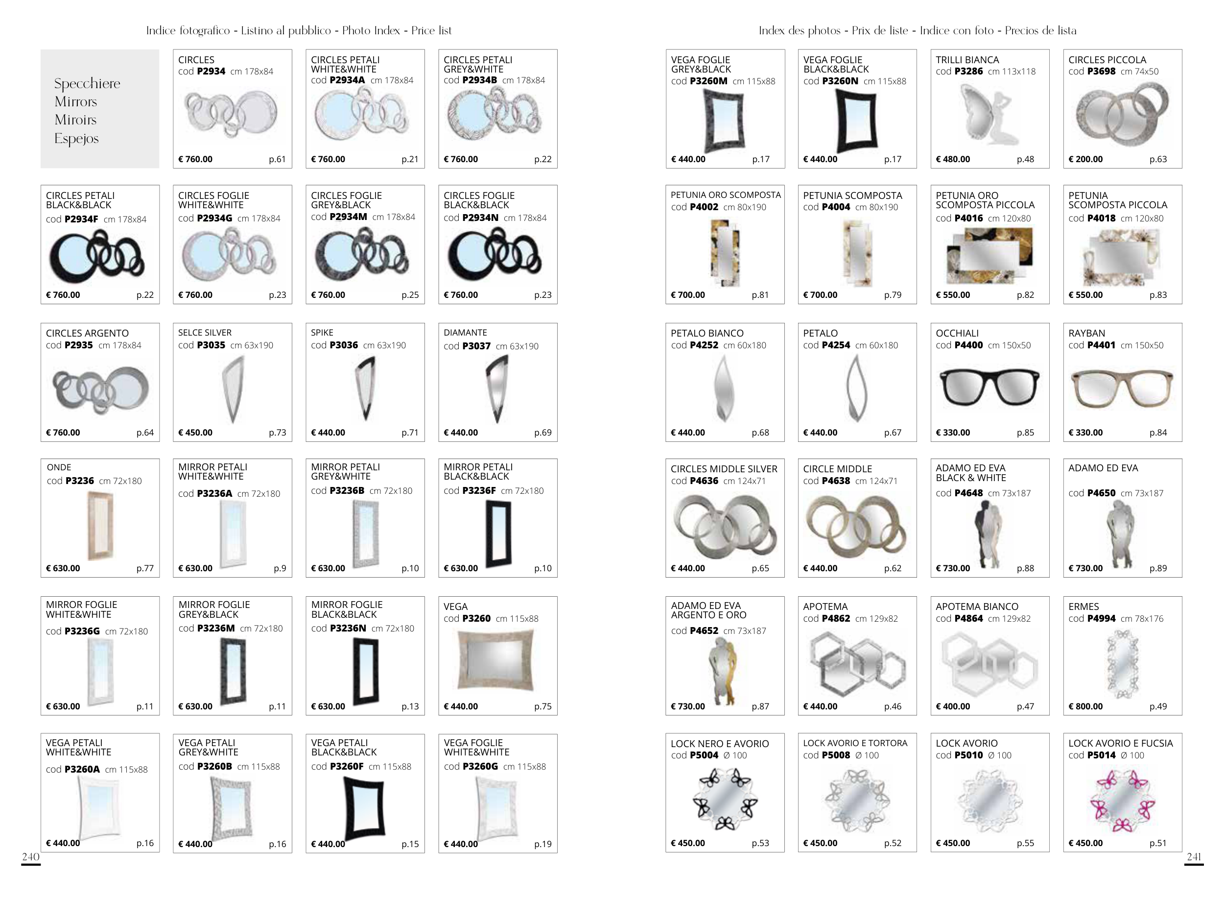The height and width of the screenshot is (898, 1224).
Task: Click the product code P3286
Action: pyautogui.click(x=968, y=71)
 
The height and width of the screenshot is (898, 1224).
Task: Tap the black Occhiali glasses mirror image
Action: pyautogui.click(x=989, y=387)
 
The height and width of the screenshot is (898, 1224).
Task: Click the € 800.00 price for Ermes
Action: pyautogui.click(x=1085, y=706)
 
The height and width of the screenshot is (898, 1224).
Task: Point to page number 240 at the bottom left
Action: pyautogui.click(x=30, y=857)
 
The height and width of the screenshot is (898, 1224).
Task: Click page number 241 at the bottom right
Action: pyautogui.click(x=1194, y=857)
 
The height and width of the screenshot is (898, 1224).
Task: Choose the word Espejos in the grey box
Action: pyautogui.click(x=76, y=139)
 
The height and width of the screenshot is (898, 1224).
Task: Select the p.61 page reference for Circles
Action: pyautogui.click(x=277, y=159)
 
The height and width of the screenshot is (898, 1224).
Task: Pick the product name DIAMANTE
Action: pyautogui.click(x=465, y=333)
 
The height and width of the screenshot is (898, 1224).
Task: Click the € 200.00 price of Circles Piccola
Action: pyautogui.click(x=1085, y=159)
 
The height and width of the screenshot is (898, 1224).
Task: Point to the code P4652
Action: pyautogui.click(x=704, y=631)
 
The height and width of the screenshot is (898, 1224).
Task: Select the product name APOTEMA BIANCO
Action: pyautogui.click(x=977, y=607)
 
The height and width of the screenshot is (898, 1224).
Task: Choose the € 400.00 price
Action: pyautogui.click(x=953, y=706)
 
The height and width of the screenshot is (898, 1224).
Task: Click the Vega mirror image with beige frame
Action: pyautogui.click(x=495, y=659)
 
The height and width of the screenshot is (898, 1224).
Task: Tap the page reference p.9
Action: pyautogui.click(x=280, y=568)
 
